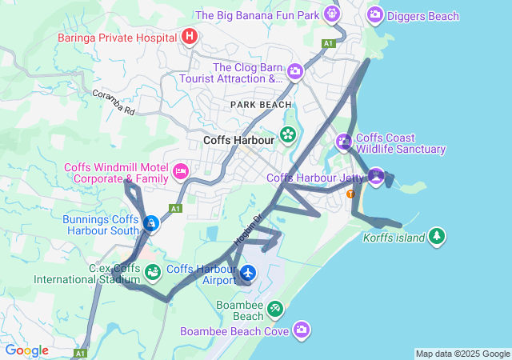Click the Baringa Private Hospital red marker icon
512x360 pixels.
tap(190, 36)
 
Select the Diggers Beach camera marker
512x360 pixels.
tap(374, 14)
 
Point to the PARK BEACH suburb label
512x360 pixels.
tap(261, 105)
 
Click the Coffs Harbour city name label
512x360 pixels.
tap(238, 140)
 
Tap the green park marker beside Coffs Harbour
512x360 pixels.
tap(287, 135)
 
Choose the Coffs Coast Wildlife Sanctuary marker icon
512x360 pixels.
tap(344, 142)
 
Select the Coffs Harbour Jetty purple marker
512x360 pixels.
tap(376, 175)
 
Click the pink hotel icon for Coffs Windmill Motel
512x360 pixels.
tap(181, 170)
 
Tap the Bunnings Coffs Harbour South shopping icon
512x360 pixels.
tap(151, 223)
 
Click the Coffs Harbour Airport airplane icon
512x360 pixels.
tap(247, 274)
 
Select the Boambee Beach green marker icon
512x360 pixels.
tap(274, 308)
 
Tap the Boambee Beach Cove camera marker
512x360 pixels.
tap(302, 329)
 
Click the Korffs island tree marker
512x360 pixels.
tap(436, 236)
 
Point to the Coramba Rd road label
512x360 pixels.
tap(113, 102)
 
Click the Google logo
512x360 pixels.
tap(26, 350)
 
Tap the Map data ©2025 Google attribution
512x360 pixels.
tap(462, 354)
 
